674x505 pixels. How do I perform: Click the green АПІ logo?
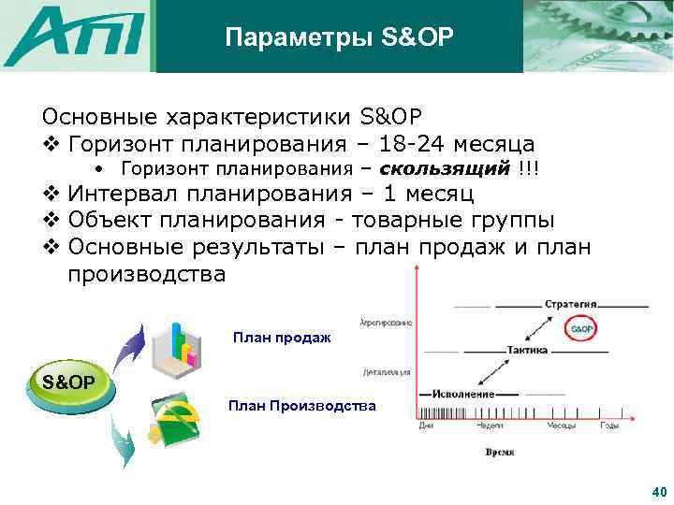click(x=75, y=36)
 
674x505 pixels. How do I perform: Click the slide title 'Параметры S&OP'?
click(x=339, y=36)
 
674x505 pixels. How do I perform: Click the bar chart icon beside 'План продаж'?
click(x=180, y=344)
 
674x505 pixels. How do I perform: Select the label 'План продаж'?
click(x=281, y=338)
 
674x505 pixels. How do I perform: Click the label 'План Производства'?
click(x=301, y=406)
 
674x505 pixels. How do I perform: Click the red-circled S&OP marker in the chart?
click(x=581, y=329)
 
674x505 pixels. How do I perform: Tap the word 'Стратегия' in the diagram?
click(x=571, y=305)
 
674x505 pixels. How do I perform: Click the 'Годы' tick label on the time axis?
click(x=608, y=426)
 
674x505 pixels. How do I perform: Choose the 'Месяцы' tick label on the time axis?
click(x=562, y=426)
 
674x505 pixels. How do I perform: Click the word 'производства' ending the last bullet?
click(x=147, y=275)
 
